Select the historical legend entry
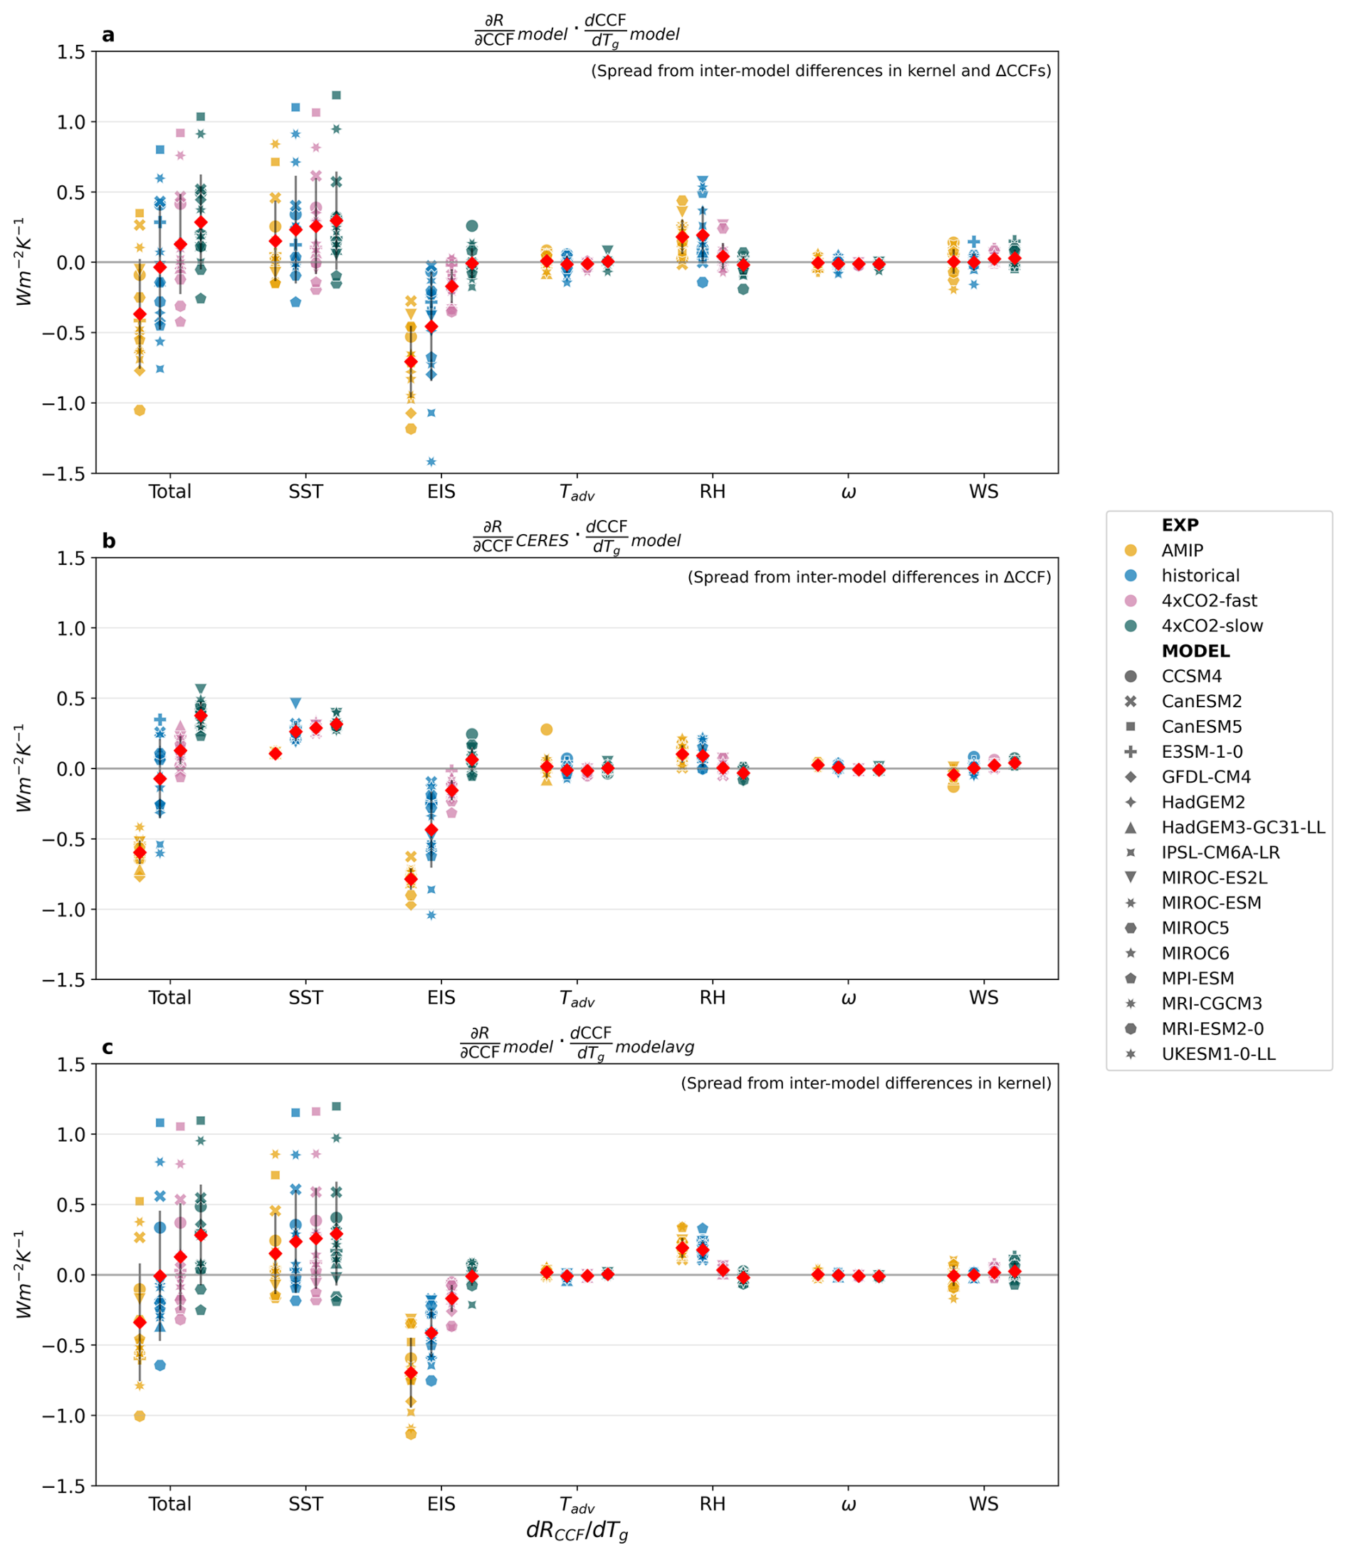(x=1200, y=576)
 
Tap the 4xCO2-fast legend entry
(x=1208, y=600)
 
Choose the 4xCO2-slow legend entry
(x=1211, y=626)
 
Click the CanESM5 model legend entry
(x=1201, y=727)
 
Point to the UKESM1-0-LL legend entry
(x=1217, y=1055)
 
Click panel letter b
(x=109, y=541)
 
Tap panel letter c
(x=108, y=1048)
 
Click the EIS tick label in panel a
(x=441, y=492)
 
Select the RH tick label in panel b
(x=713, y=999)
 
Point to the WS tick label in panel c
(x=983, y=1504)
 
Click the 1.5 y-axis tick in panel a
(x=70, y=52)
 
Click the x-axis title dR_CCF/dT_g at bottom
(x=577, y=1531)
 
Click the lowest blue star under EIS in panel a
(x=431, y=462)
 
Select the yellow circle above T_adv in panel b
(x=547, y=729)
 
